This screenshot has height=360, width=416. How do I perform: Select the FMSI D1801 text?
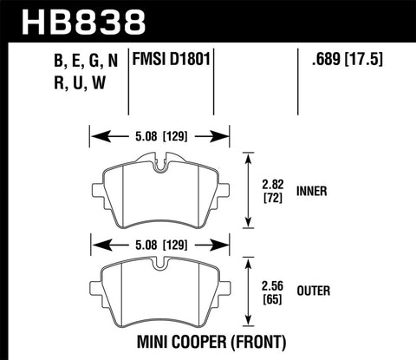click(x=170, y=62)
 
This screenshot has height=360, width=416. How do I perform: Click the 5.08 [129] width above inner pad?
click(x=159, y=135)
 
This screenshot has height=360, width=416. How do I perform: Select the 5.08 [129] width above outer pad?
click(x=159, y=245)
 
